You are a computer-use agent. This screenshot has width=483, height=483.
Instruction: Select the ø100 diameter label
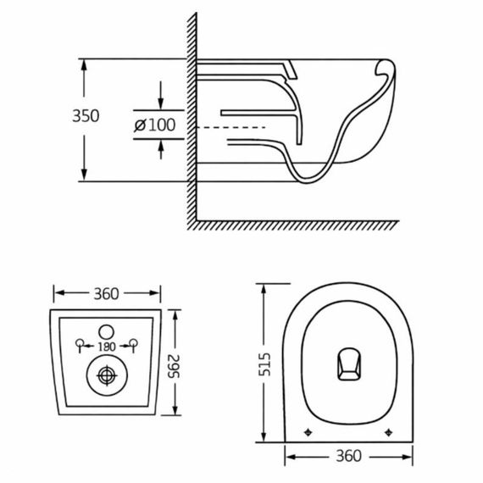click(x=155, y=125)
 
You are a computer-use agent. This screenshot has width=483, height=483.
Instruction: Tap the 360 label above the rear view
click(x=106, y=294)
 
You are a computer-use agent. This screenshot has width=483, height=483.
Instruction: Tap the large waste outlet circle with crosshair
click(x=107, y=374)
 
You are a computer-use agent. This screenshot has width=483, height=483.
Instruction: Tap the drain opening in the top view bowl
click(x=347, y=364)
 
